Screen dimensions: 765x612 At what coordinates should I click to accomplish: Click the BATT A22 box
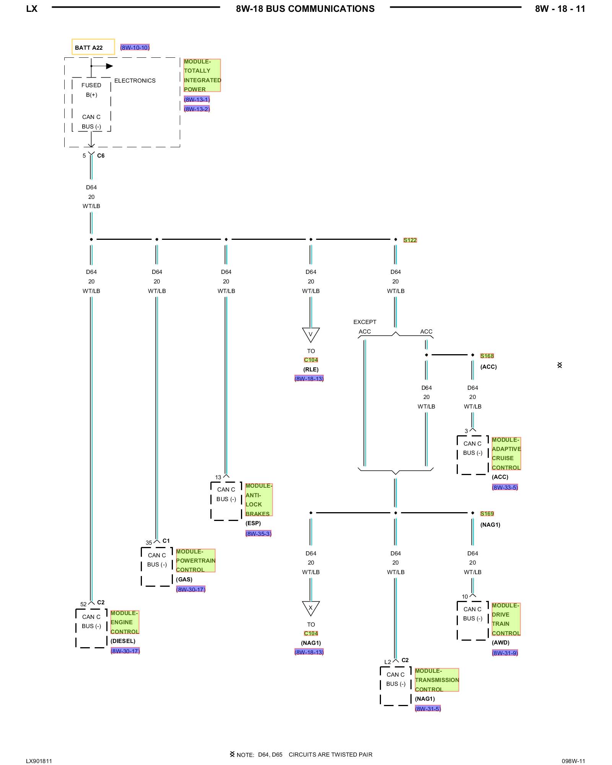point(93,47)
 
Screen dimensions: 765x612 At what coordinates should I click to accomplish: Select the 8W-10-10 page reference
point(135,47)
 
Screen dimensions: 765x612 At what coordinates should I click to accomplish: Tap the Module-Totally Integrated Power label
point(202,75)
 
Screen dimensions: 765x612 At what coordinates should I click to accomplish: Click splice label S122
point(410,240)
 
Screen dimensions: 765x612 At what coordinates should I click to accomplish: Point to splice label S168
point(487,356)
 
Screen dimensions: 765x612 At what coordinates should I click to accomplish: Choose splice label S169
point(487,514)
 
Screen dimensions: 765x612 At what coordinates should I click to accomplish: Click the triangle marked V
point(311,334)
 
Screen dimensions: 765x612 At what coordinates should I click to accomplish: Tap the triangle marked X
point(311,608)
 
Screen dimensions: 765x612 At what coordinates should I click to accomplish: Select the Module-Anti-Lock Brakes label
point(259,500)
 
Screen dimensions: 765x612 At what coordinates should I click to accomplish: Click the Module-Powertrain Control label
point(195,560)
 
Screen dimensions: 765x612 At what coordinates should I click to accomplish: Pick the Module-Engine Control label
point(125,622)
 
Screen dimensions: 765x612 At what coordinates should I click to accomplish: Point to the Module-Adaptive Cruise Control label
point(506,454)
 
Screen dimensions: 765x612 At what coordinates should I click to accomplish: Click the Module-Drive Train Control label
point(506,619)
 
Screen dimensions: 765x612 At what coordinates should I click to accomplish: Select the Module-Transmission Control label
point(436,680)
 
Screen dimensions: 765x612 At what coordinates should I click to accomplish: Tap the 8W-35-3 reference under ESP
point(258,534)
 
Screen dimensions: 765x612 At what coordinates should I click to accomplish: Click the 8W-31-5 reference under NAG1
point(428,709)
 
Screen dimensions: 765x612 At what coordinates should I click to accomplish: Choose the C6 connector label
point(101,156)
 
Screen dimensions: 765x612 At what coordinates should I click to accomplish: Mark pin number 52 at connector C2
point(83,604)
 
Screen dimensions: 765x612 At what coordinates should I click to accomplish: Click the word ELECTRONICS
point(135,81)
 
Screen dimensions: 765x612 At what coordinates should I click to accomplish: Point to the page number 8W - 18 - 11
point(560,9)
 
